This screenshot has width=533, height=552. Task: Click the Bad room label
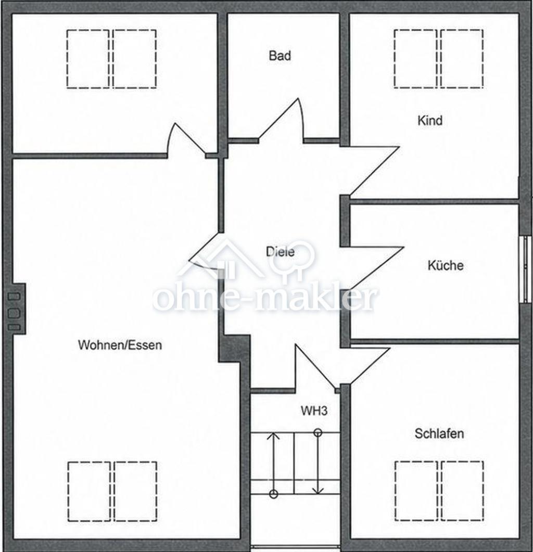click(280, 56)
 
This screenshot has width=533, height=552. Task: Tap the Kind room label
click(430, 120)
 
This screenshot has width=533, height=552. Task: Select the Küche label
click(445, 265)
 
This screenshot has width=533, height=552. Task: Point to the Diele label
click(280, 252)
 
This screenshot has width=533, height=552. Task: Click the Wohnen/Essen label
click(120, 344)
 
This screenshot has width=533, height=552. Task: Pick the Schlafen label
click(439, 433)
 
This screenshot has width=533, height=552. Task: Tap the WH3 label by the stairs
click(314, 410)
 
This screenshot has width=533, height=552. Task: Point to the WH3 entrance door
click(315, 367)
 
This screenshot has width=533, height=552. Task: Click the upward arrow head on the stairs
click(273, 436)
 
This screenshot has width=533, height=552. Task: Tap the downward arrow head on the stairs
click(318, 490)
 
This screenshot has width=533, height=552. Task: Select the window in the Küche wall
click(525, 269)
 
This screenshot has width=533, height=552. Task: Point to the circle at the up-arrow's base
click(273, 494)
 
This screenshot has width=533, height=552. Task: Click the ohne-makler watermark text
click(265, 299)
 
